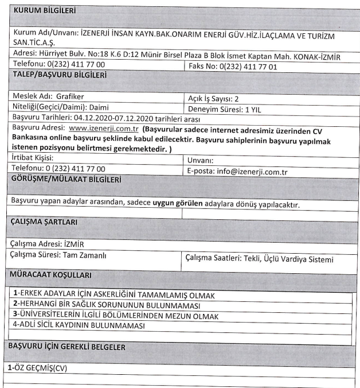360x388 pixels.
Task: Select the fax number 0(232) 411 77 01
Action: point(249,67)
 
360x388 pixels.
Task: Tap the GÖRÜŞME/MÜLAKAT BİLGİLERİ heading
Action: point(66,180)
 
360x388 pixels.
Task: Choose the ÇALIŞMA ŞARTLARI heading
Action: point(45,222)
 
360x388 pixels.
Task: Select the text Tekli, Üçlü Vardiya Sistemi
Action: point(288,259)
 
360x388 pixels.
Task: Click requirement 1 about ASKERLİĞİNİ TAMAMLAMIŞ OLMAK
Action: point(115,295)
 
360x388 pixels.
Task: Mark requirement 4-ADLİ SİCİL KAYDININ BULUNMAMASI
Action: point(79,325)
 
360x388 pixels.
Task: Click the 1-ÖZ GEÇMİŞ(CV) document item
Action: point(37,367)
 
